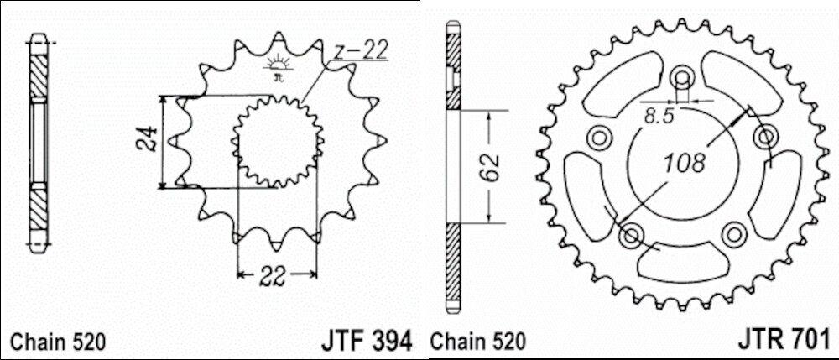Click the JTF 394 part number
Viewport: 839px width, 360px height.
pos(367,340)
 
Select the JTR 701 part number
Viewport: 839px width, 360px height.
pos(784,338)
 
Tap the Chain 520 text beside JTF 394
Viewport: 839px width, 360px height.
pos(59,342)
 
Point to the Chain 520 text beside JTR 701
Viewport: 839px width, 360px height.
pos(478,342)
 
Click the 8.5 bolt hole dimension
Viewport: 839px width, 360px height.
pos(659,116)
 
